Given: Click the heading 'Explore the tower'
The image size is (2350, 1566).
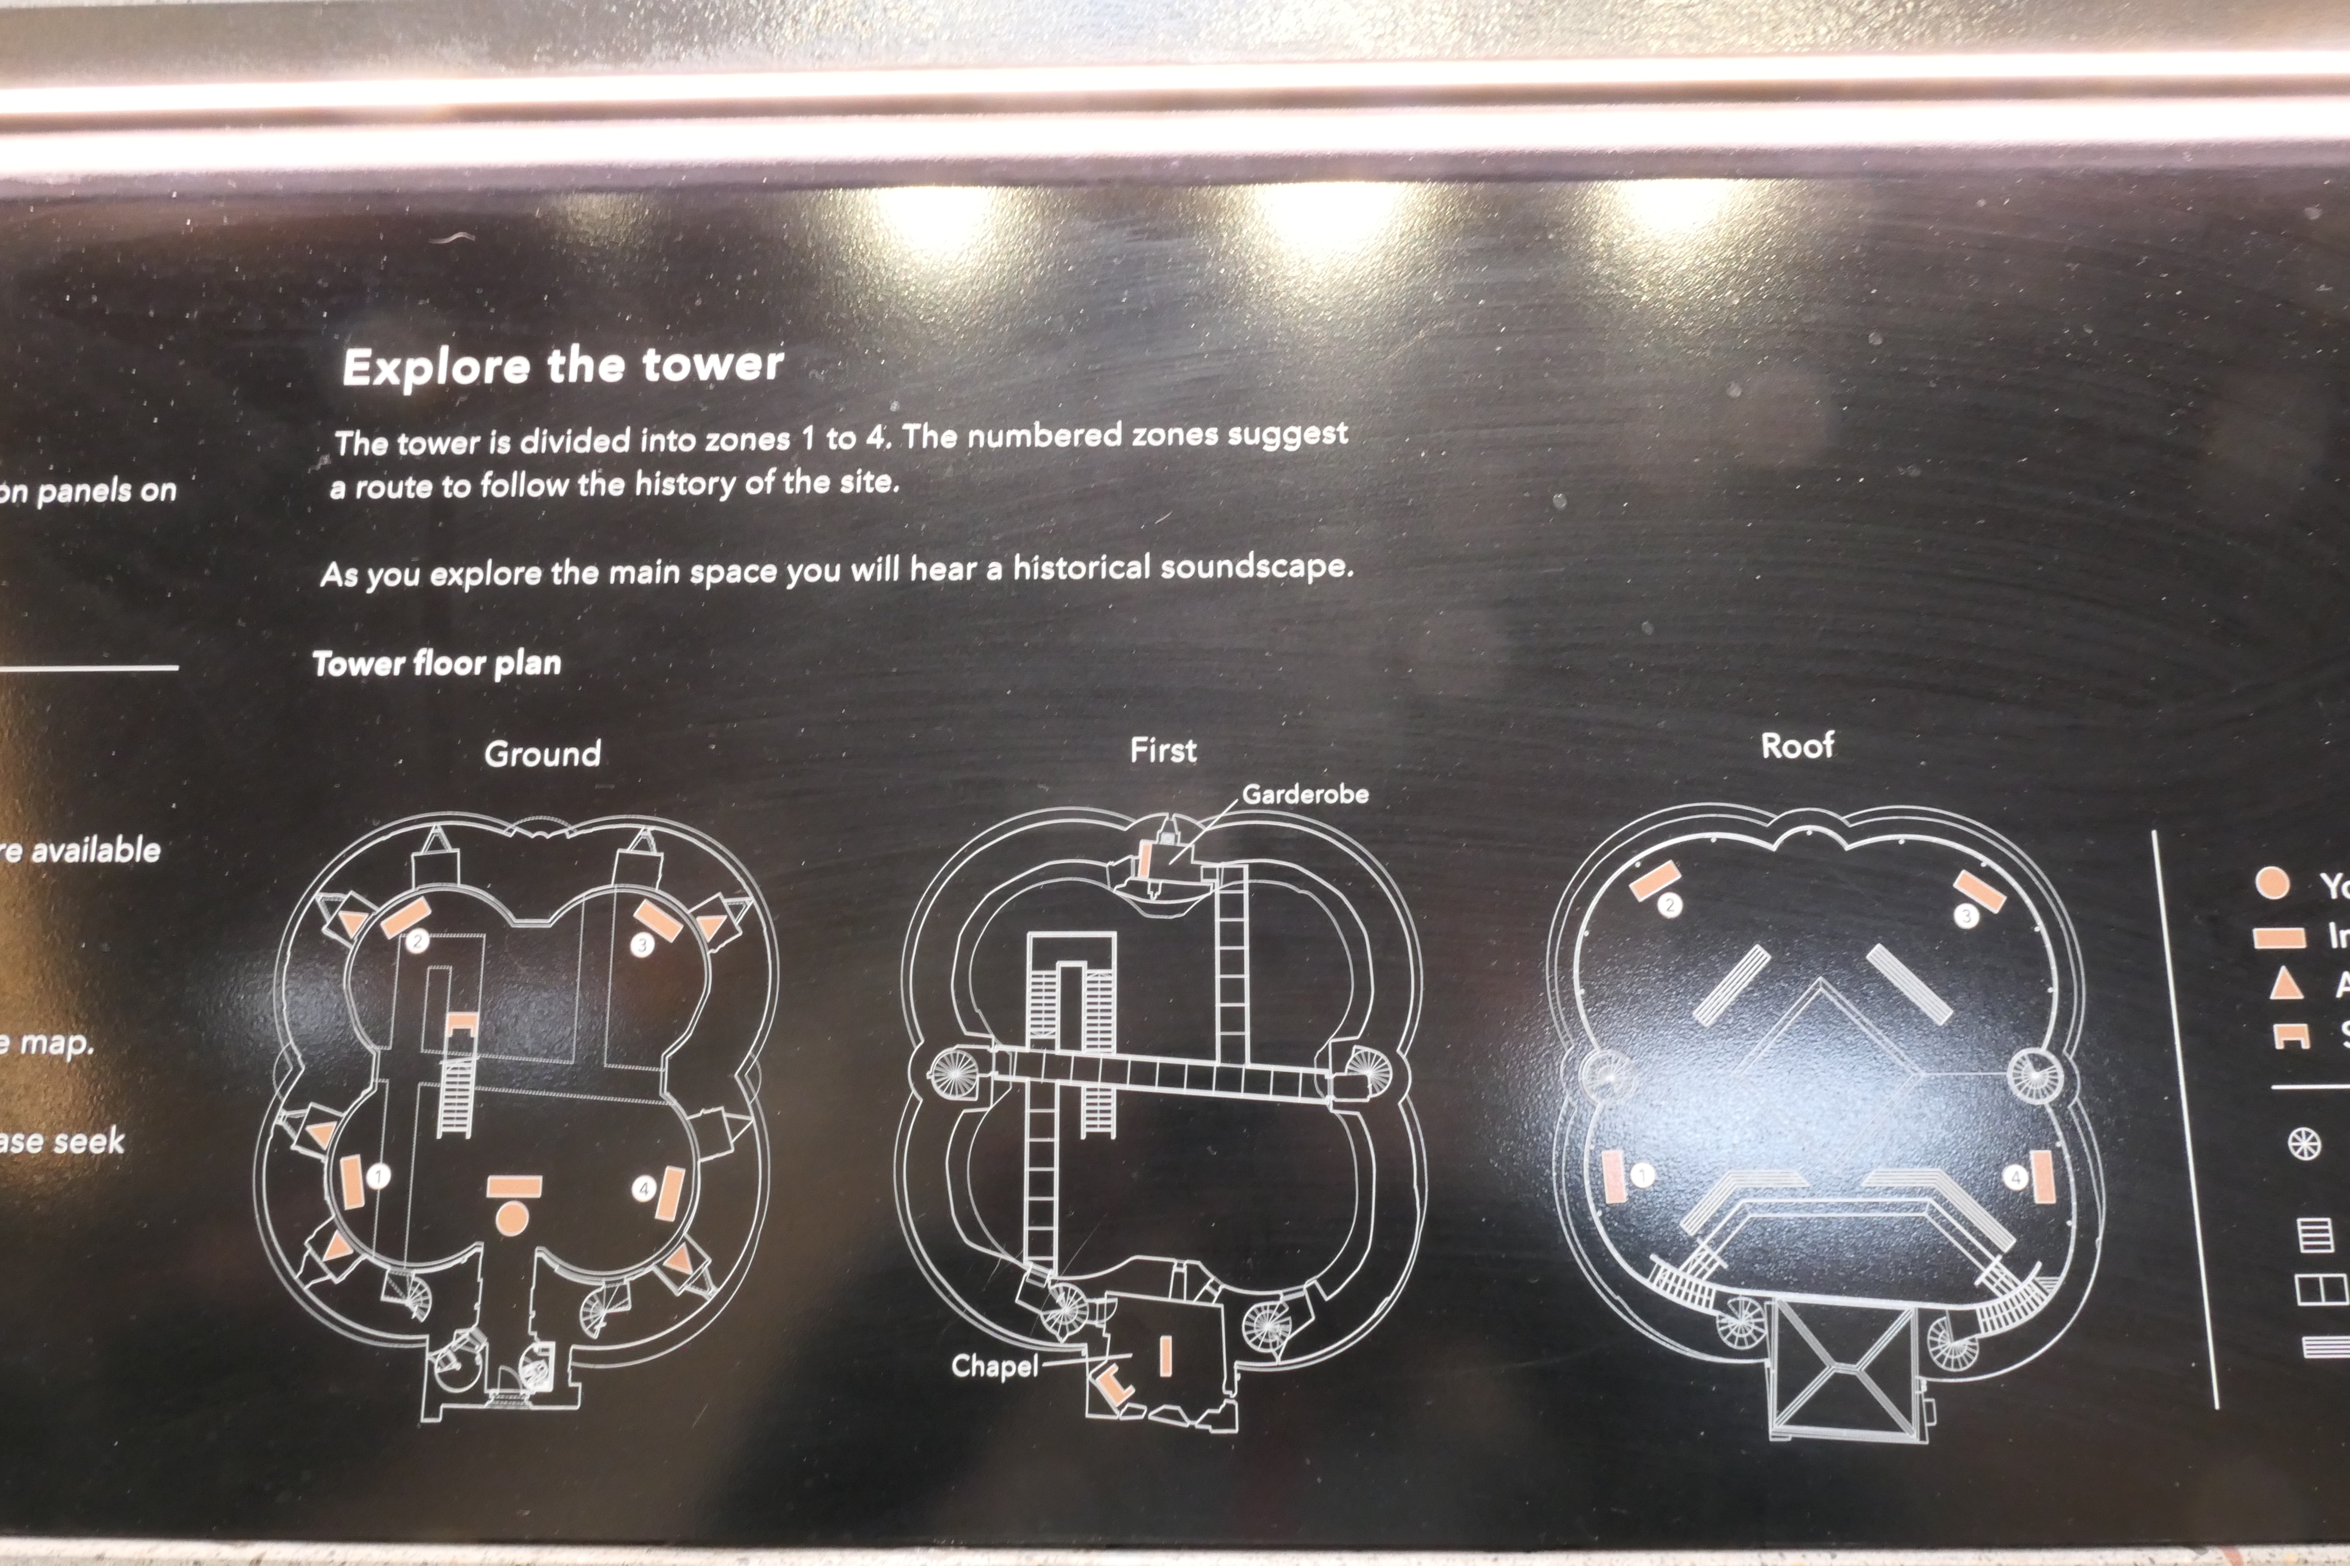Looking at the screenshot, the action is [563, 366].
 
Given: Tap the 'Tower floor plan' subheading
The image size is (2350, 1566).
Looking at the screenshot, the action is [437, 663].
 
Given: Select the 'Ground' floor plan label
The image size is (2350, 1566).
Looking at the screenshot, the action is [542, 753].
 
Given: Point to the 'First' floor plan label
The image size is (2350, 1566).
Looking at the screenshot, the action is [1163, 750].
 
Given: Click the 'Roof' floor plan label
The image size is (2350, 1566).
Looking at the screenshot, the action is [1796, 745].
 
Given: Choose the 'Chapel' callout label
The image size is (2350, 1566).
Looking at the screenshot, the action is [994, 1365].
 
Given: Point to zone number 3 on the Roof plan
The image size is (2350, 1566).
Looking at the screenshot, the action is [1965, 916].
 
